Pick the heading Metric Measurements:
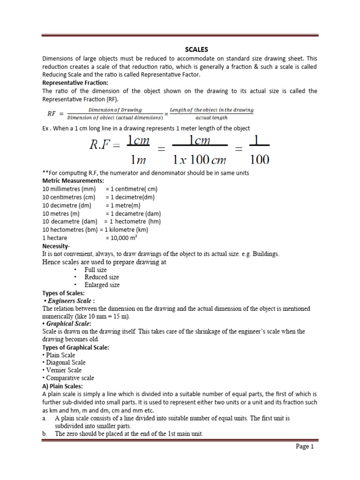point(73,181)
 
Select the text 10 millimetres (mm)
point(68,189)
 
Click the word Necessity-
point(56,246)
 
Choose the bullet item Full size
point(95,270)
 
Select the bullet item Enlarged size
point(102,285)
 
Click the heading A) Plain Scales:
point(62,386)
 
